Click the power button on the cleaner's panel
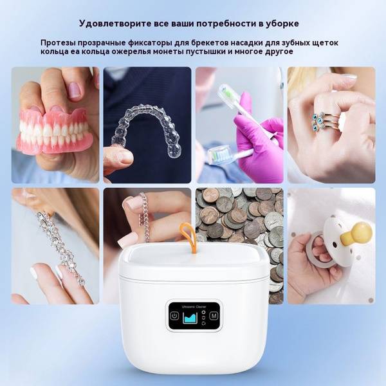174,315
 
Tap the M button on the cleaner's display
214,315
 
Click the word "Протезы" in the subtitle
58,43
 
